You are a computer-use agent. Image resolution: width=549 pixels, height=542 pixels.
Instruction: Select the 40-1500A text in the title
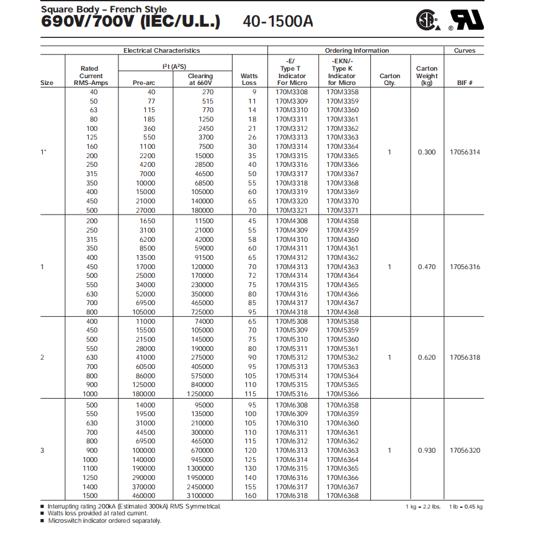[x=279, y=22]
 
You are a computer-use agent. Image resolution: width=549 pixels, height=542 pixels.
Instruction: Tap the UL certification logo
[x=466, y=20]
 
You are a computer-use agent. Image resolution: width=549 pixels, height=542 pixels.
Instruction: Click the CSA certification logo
[x=429, y=20]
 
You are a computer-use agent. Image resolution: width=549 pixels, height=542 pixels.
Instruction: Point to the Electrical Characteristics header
[x=161, y=50]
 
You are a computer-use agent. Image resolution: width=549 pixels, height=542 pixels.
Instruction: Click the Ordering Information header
[x=357, y=50]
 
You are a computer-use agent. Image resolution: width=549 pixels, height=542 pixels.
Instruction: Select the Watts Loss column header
[x=249, y=79]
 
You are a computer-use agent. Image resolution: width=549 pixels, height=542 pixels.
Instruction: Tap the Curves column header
[x=465, y=50]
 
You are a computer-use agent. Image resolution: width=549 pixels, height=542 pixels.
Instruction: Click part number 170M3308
[x=291, y=92]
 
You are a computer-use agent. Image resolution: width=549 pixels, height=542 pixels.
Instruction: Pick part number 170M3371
[x=342, y=210]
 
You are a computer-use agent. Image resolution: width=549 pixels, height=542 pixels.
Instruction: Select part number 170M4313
[x=291, y=267]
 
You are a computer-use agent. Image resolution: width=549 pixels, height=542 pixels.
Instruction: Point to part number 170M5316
[x=291, y=394]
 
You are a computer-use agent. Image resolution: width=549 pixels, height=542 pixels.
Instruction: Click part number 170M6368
[x=342, y=495]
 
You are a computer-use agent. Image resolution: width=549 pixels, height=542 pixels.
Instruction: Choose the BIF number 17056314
[x=465, y=152]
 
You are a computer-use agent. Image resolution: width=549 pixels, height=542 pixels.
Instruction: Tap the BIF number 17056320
[x=465, y=450]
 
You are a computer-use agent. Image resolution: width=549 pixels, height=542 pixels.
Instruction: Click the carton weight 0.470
[x=426, y=267]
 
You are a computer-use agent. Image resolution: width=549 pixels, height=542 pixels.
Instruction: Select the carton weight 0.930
[x=426, y=450]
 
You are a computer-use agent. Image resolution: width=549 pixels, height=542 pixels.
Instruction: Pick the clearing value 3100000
[x=200, y=495]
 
